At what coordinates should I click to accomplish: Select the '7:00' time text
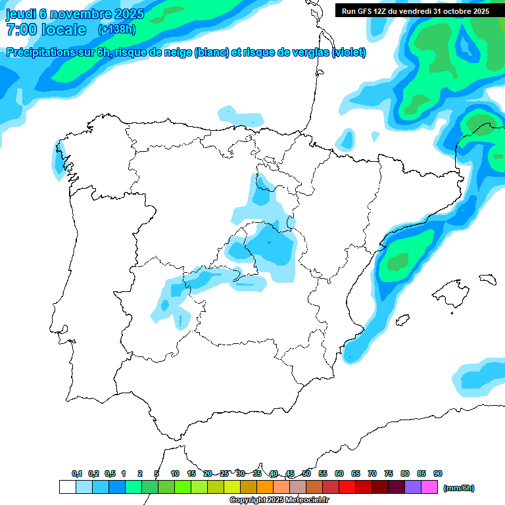(x=20, y=30)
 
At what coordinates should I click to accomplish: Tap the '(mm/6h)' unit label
(x=460, y=488)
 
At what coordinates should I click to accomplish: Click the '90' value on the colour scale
(x=438, y=473)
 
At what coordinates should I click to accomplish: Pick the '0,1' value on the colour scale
(x=77, y=473)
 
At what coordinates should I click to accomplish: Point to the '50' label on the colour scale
(x=306, y=473)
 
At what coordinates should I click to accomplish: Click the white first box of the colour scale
(x=67, y=487)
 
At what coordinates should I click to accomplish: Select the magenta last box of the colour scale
(x=429, y=487)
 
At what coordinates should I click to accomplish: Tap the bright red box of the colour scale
(x=347, y=487)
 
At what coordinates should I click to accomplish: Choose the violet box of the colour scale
(x=413, y=487)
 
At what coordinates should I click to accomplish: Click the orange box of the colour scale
(x=265, y=487)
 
